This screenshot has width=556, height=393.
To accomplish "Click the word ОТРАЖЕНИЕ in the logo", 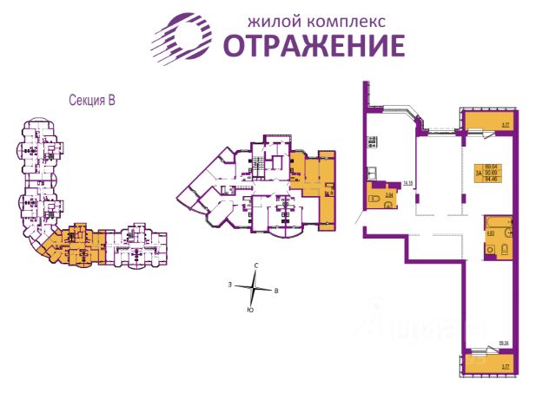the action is point(314,44).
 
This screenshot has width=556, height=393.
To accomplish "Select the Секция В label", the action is point(92,100).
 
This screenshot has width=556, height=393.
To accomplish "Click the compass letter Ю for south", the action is point(250,309).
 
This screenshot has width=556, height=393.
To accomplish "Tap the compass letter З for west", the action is point(229,284).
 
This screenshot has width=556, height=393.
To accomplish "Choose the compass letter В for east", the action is point(275,291).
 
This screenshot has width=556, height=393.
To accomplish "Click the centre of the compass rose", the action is point(253,286).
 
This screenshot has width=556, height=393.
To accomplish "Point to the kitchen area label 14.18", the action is point(407,183).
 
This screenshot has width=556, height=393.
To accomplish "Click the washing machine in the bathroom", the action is point(505,249).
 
